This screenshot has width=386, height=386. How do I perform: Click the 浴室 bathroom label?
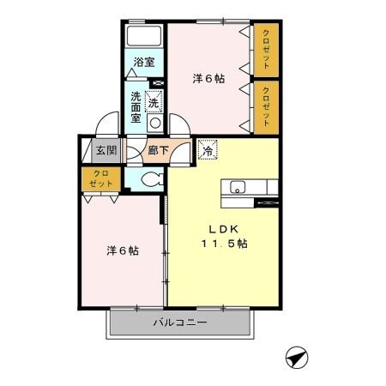144,62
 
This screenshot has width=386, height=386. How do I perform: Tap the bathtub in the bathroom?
144,37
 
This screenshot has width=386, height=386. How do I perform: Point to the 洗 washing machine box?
154,101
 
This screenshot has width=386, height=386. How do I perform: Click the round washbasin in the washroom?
154,123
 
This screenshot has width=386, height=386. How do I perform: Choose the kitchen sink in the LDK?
238,187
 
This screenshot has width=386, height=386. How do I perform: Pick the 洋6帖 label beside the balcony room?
123,251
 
